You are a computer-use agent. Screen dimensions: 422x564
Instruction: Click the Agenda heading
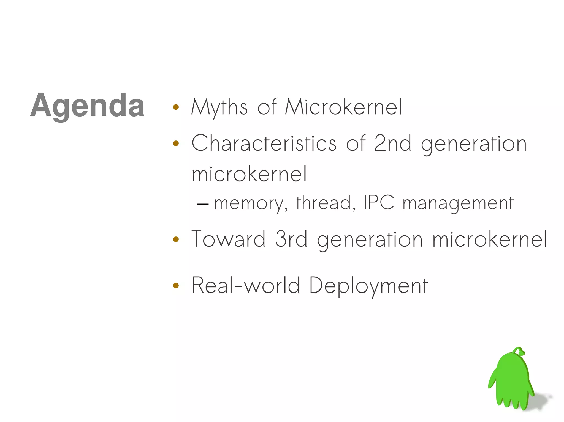[x=87, y=106]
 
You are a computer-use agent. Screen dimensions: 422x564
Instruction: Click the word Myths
[x=219, y=107]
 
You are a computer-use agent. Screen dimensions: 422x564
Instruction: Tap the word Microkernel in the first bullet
[x=343, y=107]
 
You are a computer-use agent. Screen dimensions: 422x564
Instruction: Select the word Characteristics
[x=264, y=144]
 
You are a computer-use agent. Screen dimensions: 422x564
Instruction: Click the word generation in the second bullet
[x=474, y=144]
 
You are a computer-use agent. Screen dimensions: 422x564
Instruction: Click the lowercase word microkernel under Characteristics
[x=249, y=174]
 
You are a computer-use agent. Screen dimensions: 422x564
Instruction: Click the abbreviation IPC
[x=379, y=202]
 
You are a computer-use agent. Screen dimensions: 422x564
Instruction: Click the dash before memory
[x=203, y=204]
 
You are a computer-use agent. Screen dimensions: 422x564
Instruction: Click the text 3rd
[x=291, y=239]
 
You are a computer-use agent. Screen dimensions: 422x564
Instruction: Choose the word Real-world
[x=245, y=285]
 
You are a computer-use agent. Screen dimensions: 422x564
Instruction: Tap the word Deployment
[x=368, y=286]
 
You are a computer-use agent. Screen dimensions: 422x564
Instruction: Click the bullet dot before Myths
[x=176, y=107]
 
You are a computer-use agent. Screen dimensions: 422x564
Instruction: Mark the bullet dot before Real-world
[x=176, y=286]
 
